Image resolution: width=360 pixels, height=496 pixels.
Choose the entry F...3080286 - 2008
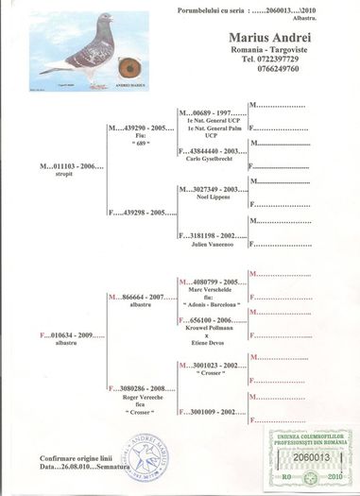[141, 387]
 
